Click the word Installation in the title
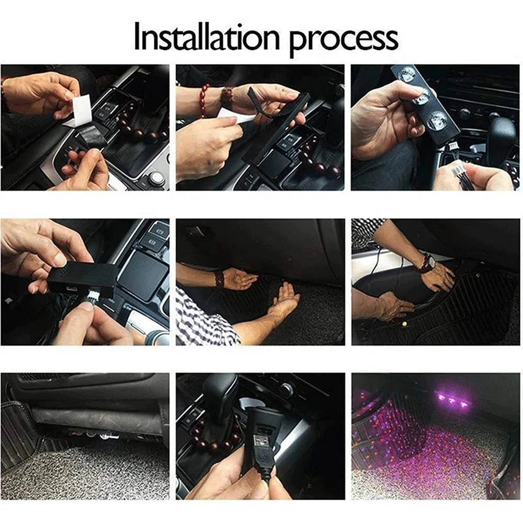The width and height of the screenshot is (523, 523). pos(207,37)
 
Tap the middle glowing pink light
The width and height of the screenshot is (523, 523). pos(452,401)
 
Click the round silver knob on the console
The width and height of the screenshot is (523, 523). pos(157,178)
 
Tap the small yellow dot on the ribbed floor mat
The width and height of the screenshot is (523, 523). pos(405,323)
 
